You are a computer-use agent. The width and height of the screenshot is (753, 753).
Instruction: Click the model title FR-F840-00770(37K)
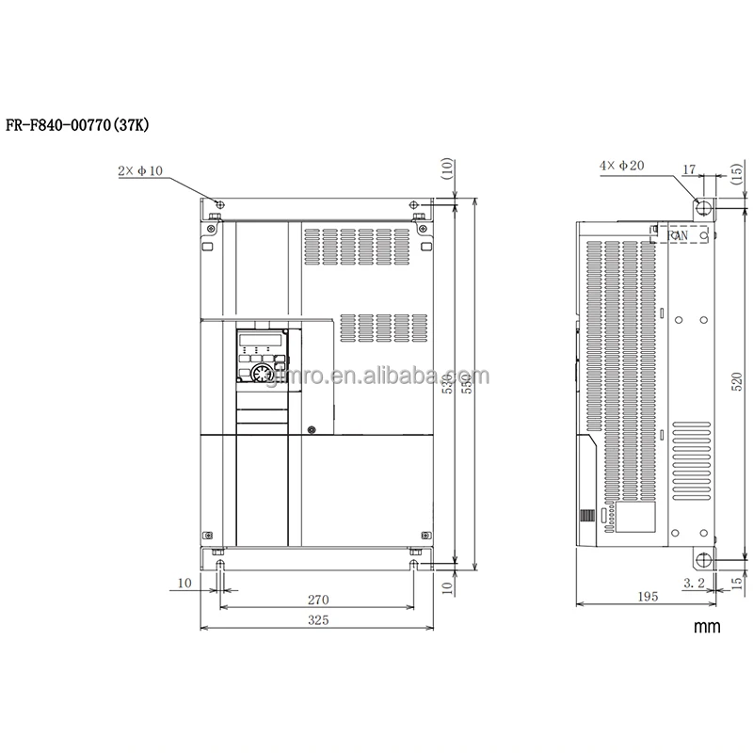[x=84, y=126]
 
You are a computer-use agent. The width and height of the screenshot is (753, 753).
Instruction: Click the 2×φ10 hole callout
[x=141, y=171]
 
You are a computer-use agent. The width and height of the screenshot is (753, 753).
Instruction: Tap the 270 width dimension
[x=318, y=598]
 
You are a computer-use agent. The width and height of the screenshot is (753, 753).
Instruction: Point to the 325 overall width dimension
[x=318, y=621]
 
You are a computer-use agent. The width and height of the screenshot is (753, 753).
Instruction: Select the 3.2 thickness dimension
[x=694, y=585]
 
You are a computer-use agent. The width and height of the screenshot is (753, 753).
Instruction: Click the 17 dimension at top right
[x=689, y=170]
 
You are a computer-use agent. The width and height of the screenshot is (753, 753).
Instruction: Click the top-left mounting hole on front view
[x=218, y=205]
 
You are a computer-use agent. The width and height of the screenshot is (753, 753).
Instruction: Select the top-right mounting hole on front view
[x=415, y=205]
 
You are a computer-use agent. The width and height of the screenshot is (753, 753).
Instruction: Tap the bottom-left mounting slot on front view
[x=219, y=565]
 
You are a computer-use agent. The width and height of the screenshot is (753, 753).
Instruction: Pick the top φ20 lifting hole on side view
[x=701, y=206]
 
